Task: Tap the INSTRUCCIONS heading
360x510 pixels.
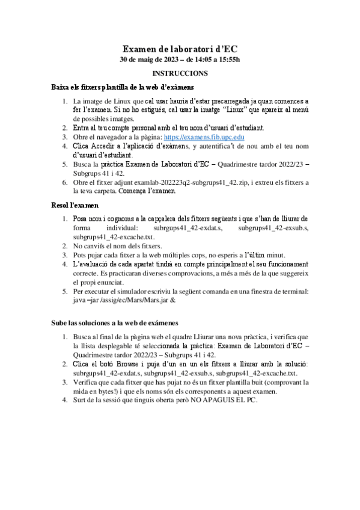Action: (x=180, y=73)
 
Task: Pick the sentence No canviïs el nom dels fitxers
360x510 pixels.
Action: (x=117, y=246)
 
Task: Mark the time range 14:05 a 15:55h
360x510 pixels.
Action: (x=214, y=60)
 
